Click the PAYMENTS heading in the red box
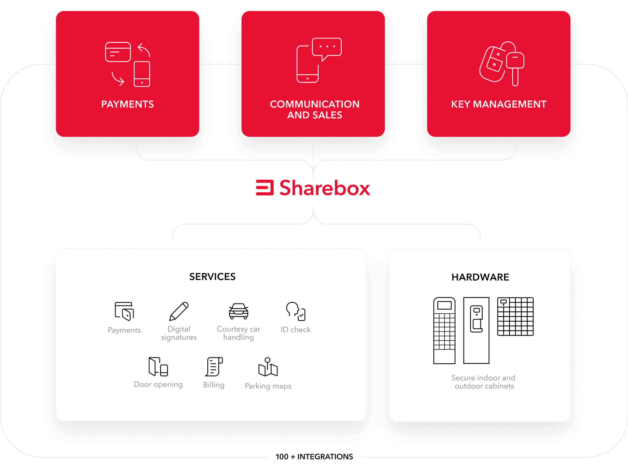128,104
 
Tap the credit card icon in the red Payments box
118,52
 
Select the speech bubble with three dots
327,48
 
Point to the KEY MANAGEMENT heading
499,104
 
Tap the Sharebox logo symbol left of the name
265,187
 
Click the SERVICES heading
212,277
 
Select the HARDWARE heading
480,277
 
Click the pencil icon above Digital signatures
179,311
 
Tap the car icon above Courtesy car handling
239,311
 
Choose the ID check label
296,330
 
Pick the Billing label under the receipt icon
214,385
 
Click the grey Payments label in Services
124,330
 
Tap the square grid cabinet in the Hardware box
515,316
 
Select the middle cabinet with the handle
476,330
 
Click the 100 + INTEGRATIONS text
314,457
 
